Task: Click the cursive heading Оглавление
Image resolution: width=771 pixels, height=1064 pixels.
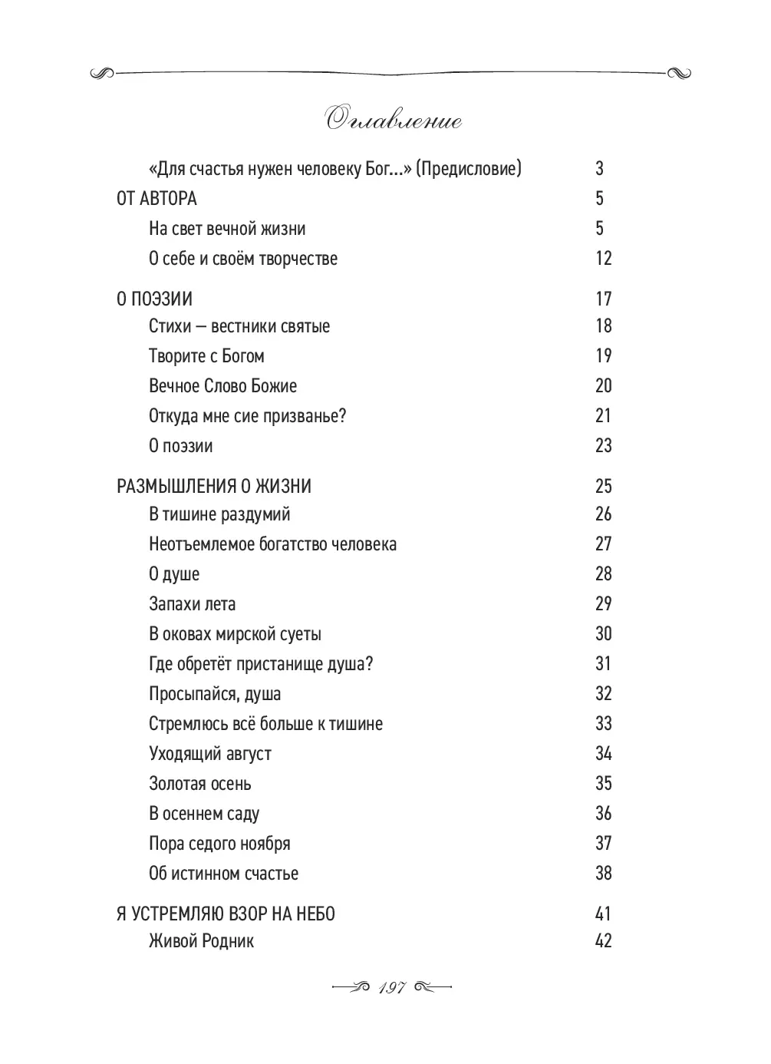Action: (394, 121)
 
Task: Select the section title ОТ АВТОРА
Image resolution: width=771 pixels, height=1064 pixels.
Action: (157, 199)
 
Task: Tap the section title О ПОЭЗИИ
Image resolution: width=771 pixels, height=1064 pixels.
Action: (154, 299)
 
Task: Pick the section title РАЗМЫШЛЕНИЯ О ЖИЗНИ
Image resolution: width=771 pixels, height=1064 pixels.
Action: (214, 486)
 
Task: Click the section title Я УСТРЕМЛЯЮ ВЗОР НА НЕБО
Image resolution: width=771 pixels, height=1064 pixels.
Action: (226, 914)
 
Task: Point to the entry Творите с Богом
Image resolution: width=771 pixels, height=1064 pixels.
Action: (206, 356)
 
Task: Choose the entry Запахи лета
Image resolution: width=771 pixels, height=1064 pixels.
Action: (192, 604)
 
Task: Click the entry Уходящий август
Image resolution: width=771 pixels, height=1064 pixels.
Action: (209, 754)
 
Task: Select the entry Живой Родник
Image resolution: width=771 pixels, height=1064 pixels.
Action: (201, 941)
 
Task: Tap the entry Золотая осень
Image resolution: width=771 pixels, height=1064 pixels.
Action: (199, 784)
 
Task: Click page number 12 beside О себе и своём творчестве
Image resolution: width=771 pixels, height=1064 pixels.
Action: (603, 259)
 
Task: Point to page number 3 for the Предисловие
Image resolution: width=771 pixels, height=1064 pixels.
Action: (599, 168)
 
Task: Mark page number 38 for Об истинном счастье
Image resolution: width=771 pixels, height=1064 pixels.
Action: (603, 874)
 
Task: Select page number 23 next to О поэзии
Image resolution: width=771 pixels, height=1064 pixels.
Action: (603, 446)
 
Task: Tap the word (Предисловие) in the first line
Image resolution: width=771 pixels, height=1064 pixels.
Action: (469, 169)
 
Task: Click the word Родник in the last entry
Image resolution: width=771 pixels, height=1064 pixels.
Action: (227, 941)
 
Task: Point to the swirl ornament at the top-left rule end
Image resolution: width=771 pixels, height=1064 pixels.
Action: (103, 74)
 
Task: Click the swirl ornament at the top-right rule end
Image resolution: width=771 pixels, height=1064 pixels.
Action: (678, 74)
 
